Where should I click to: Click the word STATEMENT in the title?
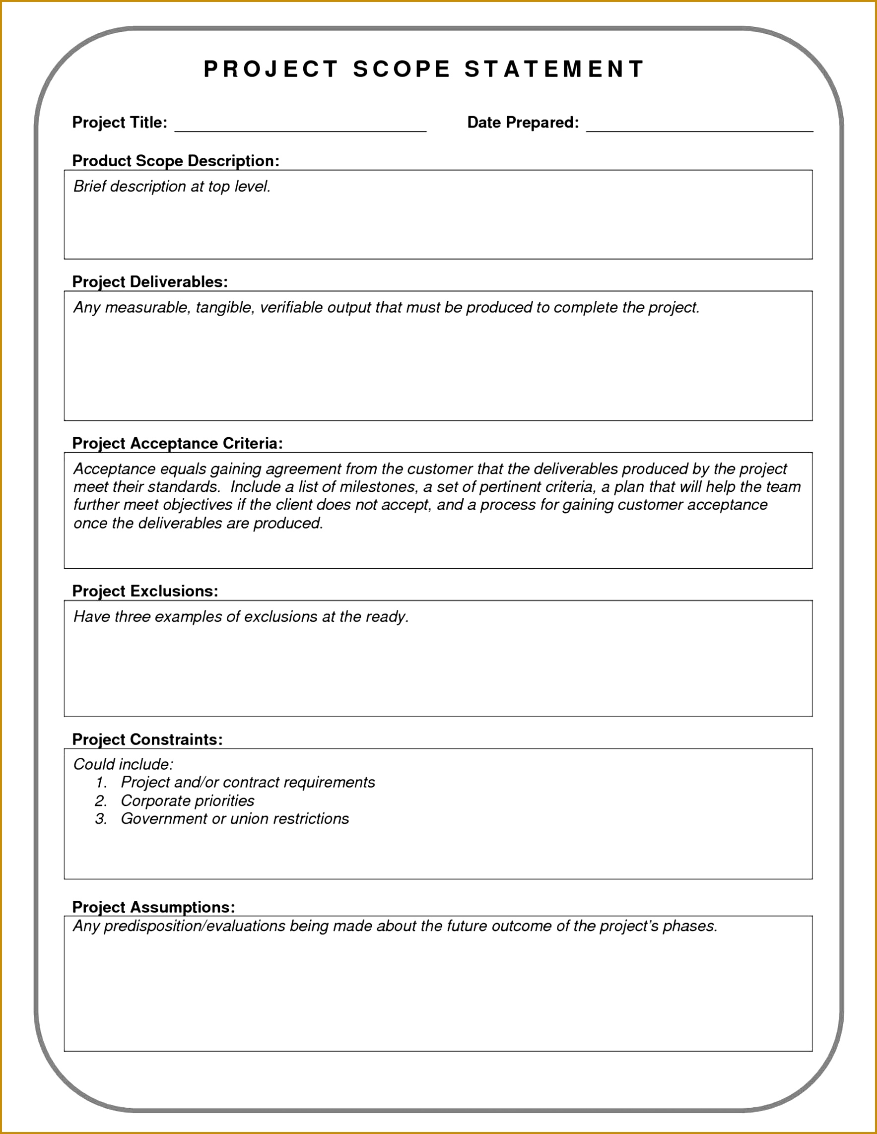(554, 69)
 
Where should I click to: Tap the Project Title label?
(120, 123)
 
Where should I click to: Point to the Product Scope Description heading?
(176, 161)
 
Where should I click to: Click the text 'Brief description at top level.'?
(172, 187)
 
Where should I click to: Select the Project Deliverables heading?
(149, 282)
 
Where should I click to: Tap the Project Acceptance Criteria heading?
(177, 443)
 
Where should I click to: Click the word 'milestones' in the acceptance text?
(377, 487)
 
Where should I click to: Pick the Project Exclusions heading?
(145, 591)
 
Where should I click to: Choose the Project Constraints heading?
(147, 739)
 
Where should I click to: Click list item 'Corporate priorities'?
(188, 800)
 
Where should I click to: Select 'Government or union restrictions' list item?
(235, 819)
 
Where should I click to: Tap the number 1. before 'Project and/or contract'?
(101, 783)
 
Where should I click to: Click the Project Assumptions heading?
(153, 907)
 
